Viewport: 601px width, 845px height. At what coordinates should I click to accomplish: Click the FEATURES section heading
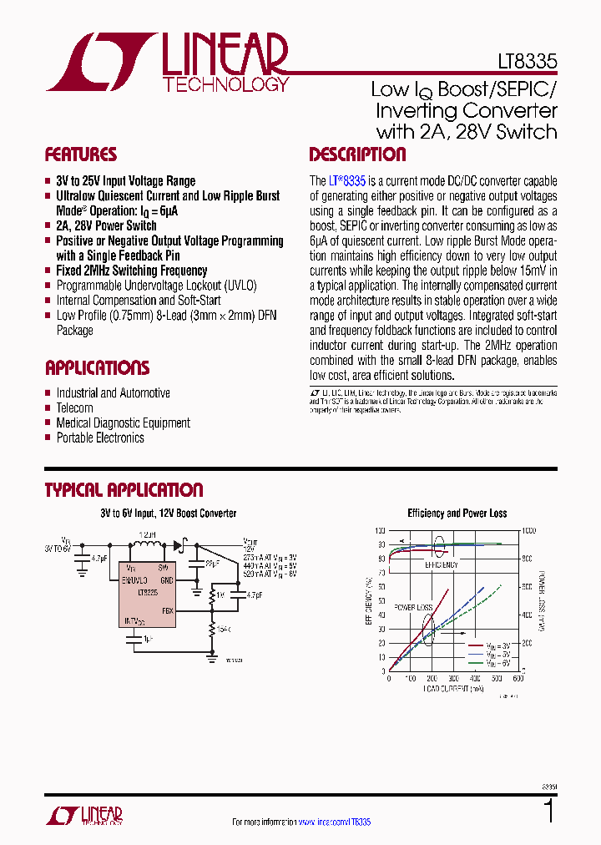pyautogui.click(x=80, y=154)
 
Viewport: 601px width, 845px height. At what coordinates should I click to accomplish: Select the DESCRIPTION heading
pyautogui.click(x=357, y=154)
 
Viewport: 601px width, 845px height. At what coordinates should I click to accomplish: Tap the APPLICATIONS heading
pyautogui.click(x=97, y=368)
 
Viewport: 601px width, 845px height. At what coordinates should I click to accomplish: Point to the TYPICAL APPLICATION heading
pyautogui.click(x=124, y=490)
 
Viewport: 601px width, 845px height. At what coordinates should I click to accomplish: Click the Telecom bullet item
pyautogui.click(x=74, y=407)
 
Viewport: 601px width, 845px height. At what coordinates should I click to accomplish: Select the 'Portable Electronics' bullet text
pyautogui.click(x=99, y=438)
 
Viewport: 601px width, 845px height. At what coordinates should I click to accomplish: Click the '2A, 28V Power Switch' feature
pyautogui.click(x=106, y=225)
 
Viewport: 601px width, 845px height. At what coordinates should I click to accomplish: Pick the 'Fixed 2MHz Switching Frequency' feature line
pyautogui.click(x=131, y=271)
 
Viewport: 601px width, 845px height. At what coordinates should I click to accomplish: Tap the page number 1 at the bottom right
pyautogui.click(x=548, y=812)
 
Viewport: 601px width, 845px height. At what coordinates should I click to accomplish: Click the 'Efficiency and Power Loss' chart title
pyautogui.click(x=457, y=514)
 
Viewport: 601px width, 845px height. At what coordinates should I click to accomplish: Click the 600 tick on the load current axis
pyautogui.click(x=517, y=679)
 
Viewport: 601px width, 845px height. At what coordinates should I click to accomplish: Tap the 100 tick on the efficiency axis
pyautogui.click(x=380, y=531)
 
